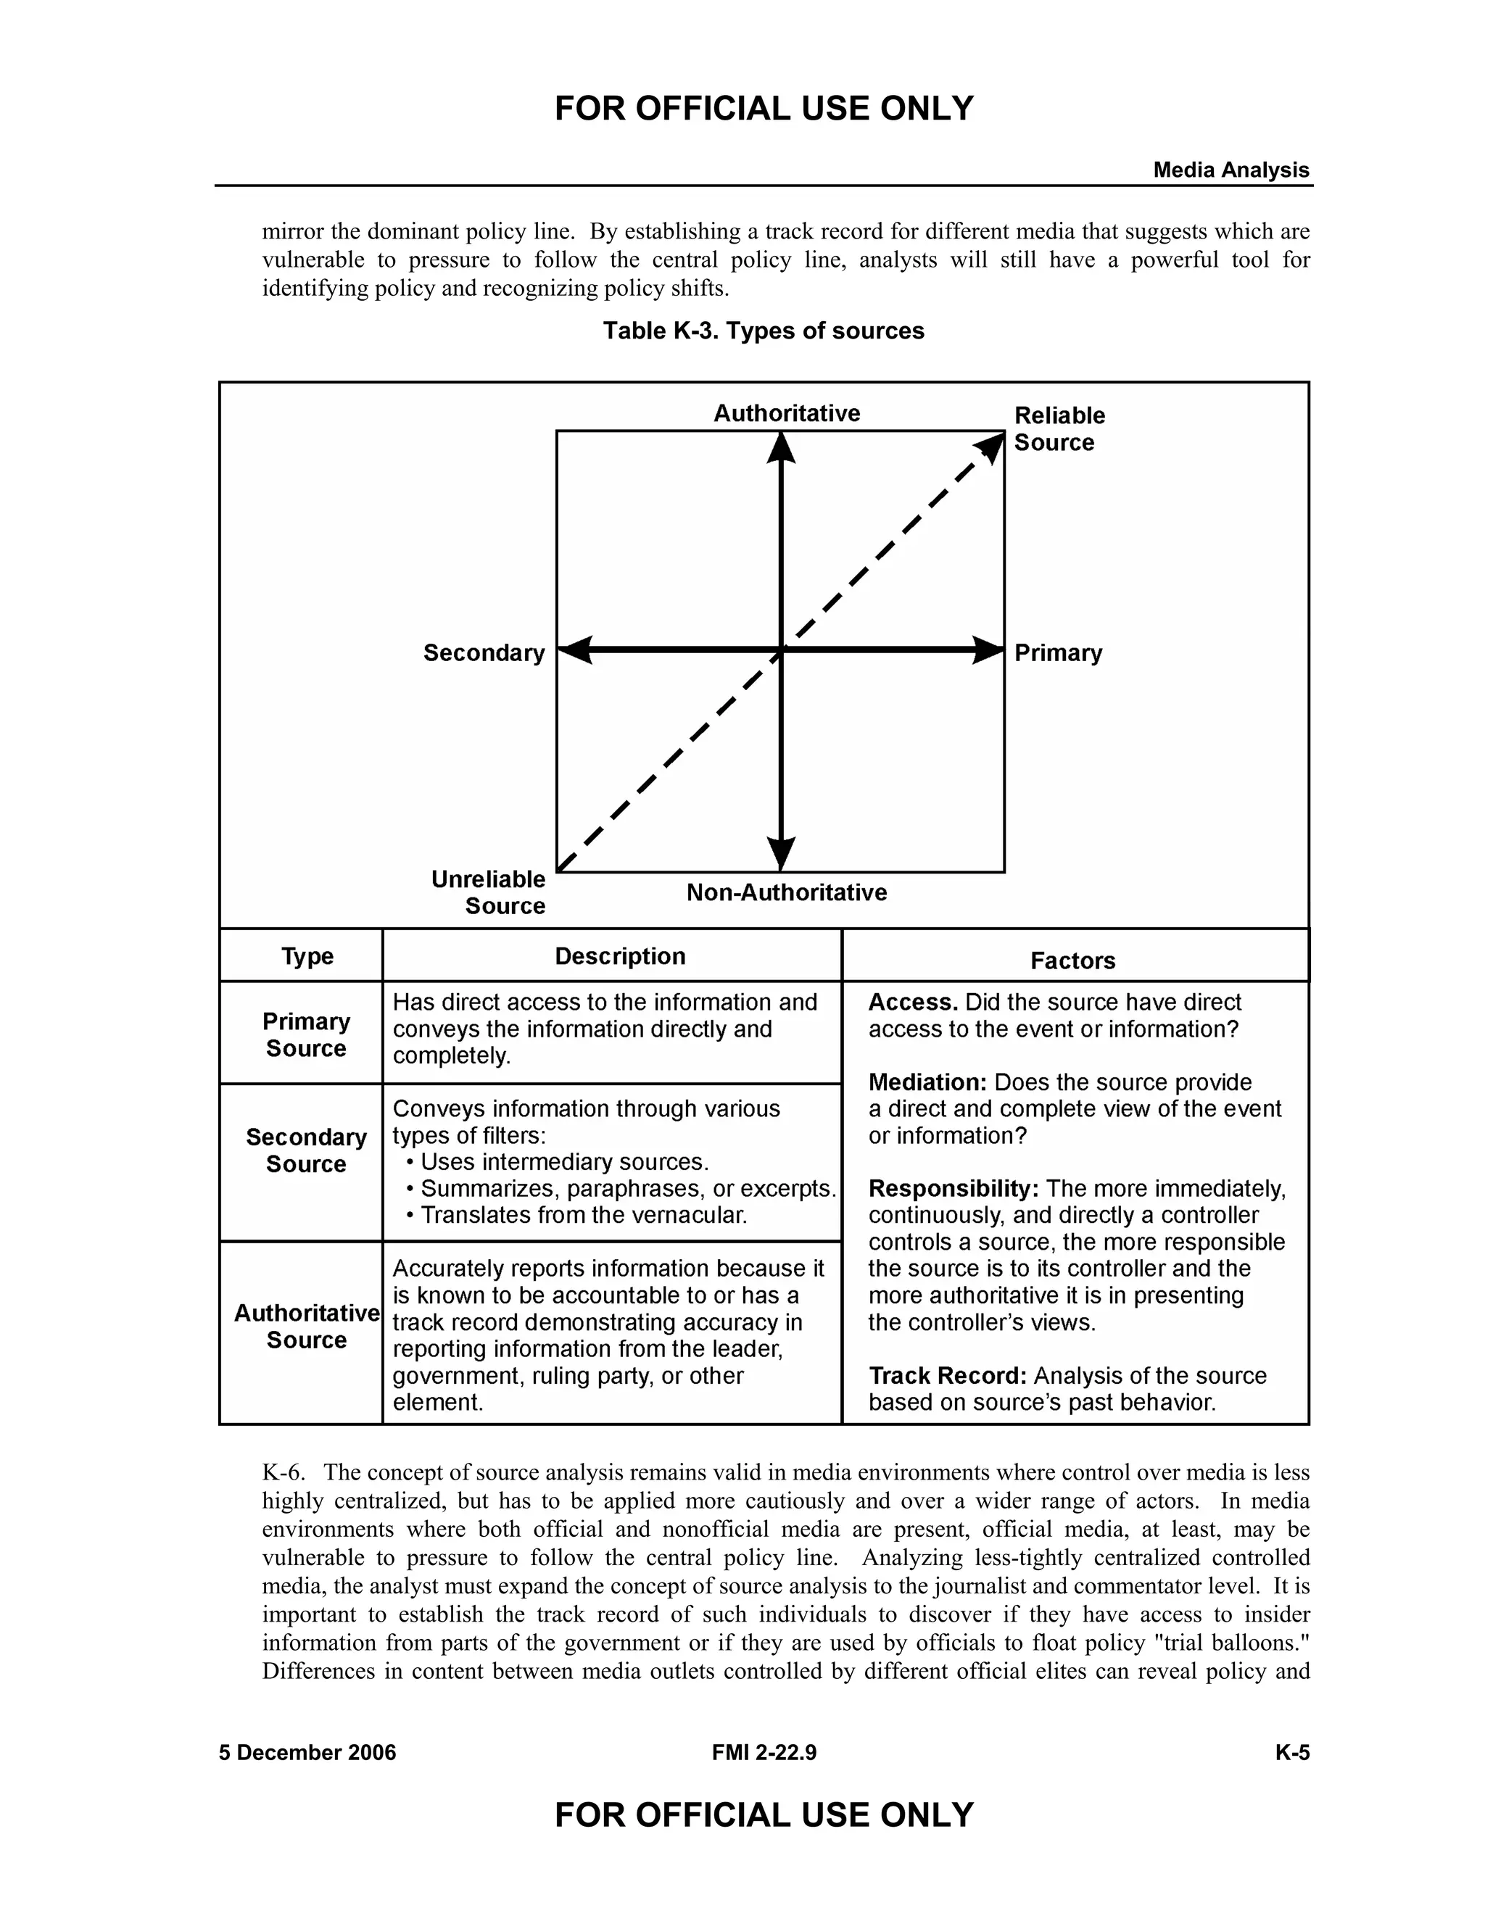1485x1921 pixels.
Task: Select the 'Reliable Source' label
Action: click(x=1059, y=428)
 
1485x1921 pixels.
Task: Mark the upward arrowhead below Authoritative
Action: click(x=780, y=449)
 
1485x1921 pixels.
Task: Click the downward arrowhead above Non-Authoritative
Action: click(x=780, y=853)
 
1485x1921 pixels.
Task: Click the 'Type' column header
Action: click(x=307, y=956)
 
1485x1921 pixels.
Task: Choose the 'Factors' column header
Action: click(x=1072, y=960)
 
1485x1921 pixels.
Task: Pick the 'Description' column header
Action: click(x=619, y=956)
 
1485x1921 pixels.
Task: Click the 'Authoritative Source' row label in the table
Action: click(x=306, y=1327)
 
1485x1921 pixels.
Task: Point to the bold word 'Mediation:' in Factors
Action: click(x=928, y=1083)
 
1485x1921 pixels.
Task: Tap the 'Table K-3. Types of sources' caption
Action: click(x=763, y=331)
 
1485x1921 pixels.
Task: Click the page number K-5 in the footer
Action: click(x=1291, y=1753)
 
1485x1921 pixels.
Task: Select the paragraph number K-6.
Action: click(x=282, y=1472)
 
